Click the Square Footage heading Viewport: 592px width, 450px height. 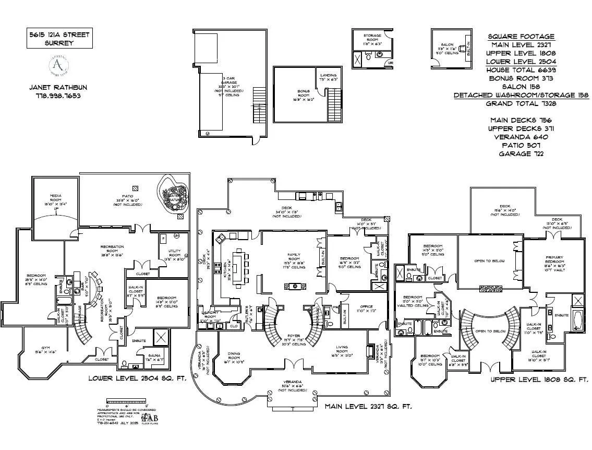pyautogui.click(x=521, y=37)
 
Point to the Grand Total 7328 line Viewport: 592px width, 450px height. pyautogui.click(x=521, y=103)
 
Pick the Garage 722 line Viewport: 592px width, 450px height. pyautogui.click(x=521, y=154)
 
